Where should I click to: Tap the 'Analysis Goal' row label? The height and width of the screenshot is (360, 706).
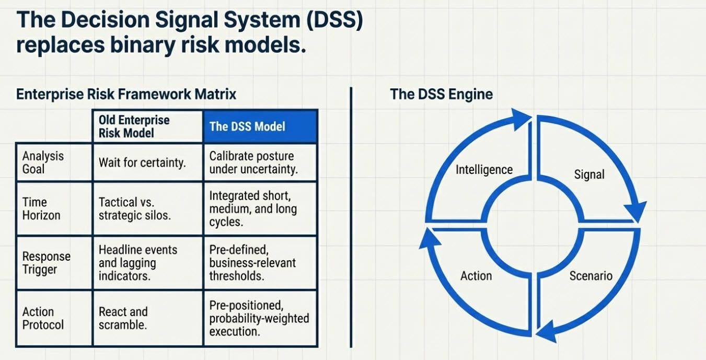tap(43, 162)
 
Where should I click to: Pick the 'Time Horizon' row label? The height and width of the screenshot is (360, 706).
tap(41, 208)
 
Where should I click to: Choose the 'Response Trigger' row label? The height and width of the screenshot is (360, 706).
tap(46, 263)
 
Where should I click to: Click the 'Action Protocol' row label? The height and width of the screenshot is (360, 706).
tap(43, 318)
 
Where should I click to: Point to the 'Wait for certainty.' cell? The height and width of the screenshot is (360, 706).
tap(142, 162)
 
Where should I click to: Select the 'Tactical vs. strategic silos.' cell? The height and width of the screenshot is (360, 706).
tap(134, 208)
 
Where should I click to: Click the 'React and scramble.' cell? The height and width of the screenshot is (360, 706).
tap(123, 318)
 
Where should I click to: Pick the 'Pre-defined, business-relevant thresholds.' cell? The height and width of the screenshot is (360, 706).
tap(253, 263)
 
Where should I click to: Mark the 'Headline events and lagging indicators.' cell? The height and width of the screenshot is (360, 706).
tap(138, 263)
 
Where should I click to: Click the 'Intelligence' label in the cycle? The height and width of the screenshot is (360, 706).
tap(484, 170)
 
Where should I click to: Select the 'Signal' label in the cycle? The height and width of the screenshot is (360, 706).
tap(589, 175)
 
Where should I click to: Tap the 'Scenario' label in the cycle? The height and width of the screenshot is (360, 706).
tap(591, 275)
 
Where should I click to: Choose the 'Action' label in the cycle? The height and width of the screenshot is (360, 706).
tap(476, 275)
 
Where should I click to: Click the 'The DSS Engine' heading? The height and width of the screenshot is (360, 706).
tap(441, 94)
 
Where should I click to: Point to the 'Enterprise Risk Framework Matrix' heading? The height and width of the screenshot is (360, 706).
tap(126, 94)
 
